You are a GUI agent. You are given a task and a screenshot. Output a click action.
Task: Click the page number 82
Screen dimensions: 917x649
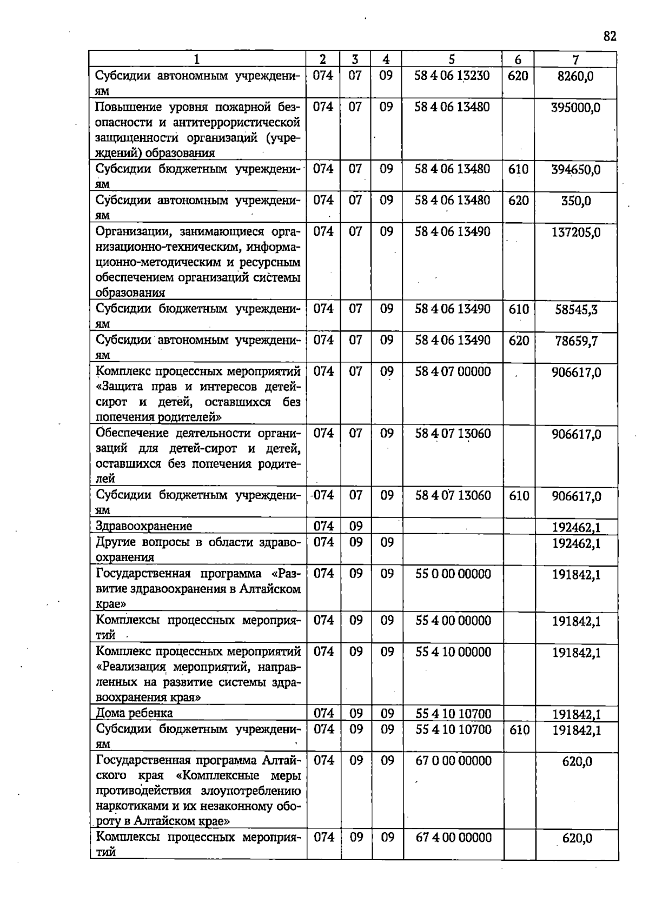(x=610, y=36)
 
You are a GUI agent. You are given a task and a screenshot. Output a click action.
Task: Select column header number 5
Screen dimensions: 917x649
(x=452, y=59)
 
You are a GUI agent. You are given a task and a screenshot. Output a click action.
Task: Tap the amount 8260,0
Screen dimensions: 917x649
(x=575, y=76)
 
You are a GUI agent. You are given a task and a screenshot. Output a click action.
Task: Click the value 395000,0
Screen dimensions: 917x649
(x=575, y=108)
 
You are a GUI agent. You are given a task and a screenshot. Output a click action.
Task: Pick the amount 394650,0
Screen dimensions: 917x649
(x=575, y=170)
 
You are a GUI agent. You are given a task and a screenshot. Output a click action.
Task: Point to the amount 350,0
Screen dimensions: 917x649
(x=575, y=201)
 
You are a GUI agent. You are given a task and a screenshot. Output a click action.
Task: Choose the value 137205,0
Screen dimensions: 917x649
(x=575, y=232)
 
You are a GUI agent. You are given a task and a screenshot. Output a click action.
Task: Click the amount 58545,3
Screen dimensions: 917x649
(x=576, y=310)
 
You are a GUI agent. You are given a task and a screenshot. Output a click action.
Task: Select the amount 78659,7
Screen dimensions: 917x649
(x=576, y=341)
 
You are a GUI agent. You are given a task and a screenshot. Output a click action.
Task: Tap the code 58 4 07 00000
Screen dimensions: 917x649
(x=453, y=372)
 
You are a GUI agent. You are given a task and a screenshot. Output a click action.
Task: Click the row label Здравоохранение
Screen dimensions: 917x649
(x=143, y=526)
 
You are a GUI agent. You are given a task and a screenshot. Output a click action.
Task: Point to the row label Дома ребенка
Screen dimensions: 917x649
(x=134, y=713)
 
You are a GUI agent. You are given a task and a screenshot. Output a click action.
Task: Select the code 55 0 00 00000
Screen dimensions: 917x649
(x=453, y=574)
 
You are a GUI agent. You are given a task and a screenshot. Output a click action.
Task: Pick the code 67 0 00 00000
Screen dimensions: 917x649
(x=453, y=761)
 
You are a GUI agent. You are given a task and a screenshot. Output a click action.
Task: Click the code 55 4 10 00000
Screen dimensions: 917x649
(x=453, y=652)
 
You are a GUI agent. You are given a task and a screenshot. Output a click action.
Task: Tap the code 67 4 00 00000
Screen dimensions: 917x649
(x=453, y=838)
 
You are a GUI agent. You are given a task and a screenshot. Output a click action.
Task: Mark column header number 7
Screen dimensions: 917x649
(x=575, y=59)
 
